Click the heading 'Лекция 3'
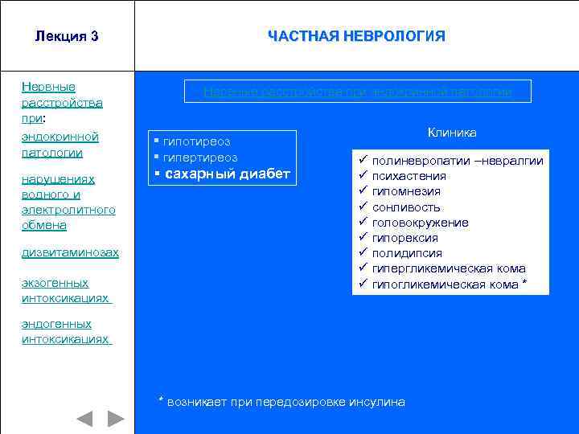[x=67, y=36]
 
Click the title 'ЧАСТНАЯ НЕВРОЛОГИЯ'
[x=356, y=36]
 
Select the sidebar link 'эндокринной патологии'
[x=60, y=145]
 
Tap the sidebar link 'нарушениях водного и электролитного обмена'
[x=68, y=203]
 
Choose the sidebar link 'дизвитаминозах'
[x=70, y=252]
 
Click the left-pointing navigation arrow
[x=84, y=419]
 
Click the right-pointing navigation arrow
[x=117, y=419]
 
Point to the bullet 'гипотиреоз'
[x=196, y=141]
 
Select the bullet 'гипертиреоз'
[x=200, y=157]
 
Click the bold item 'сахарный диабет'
[x=226, y=174]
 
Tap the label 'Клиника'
[x=452, y=133]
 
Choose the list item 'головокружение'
[x=421, y=223]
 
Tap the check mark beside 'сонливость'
[x=363, y=207]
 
